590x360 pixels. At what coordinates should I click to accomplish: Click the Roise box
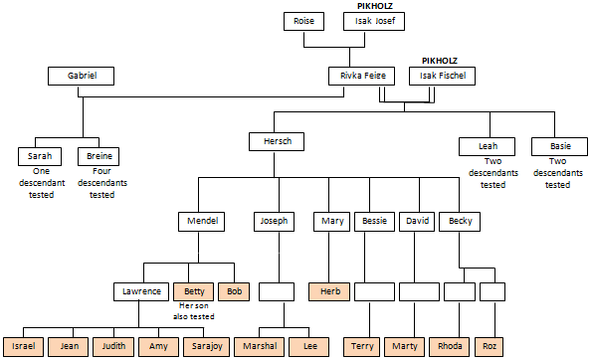coord(303,22)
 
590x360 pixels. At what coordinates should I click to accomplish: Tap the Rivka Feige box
coord(362,76)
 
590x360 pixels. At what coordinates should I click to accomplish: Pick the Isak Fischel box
coord(442,76)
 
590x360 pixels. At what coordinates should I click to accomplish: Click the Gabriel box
coord(83,76)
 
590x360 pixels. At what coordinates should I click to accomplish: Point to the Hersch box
coord(277,142)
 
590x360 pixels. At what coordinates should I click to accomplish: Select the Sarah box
coord(41,156)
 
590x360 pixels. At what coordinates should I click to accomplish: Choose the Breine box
coord(100,156)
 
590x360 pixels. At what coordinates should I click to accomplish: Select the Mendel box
coord(203,221)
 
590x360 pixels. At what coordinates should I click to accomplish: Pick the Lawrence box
coord(141,292)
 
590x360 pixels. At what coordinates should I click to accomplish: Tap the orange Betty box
coord(192,292)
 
